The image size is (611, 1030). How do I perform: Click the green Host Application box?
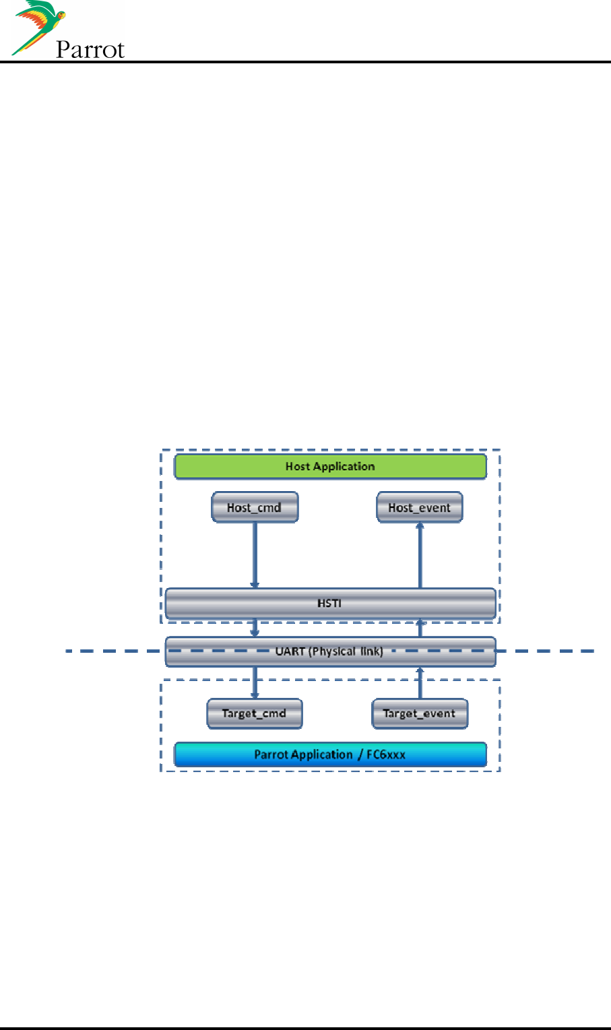coord(330,466)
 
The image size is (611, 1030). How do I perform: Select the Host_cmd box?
coord(255,507)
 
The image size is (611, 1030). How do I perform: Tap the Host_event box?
coord(419,507)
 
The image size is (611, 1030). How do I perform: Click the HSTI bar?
coord(330,603)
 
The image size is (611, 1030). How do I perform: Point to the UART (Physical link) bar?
coord(330,651)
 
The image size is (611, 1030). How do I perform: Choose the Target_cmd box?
coord(254,713)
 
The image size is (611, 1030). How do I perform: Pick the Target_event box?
coord(419,713)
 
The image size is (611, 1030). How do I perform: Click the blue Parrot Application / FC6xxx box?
coord(330,754)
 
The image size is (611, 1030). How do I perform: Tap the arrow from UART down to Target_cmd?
coord(255,682)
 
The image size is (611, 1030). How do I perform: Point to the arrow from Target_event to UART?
coord(420,682)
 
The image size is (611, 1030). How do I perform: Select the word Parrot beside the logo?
coord(90,50)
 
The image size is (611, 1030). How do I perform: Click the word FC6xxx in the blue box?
coord(386,754)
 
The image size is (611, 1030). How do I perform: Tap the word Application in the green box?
coord(344,466)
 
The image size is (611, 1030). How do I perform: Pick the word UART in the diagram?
coord(290,651)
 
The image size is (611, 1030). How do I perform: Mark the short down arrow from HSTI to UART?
coord(255,628)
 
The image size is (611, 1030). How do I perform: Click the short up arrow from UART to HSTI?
coord(420,628)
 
